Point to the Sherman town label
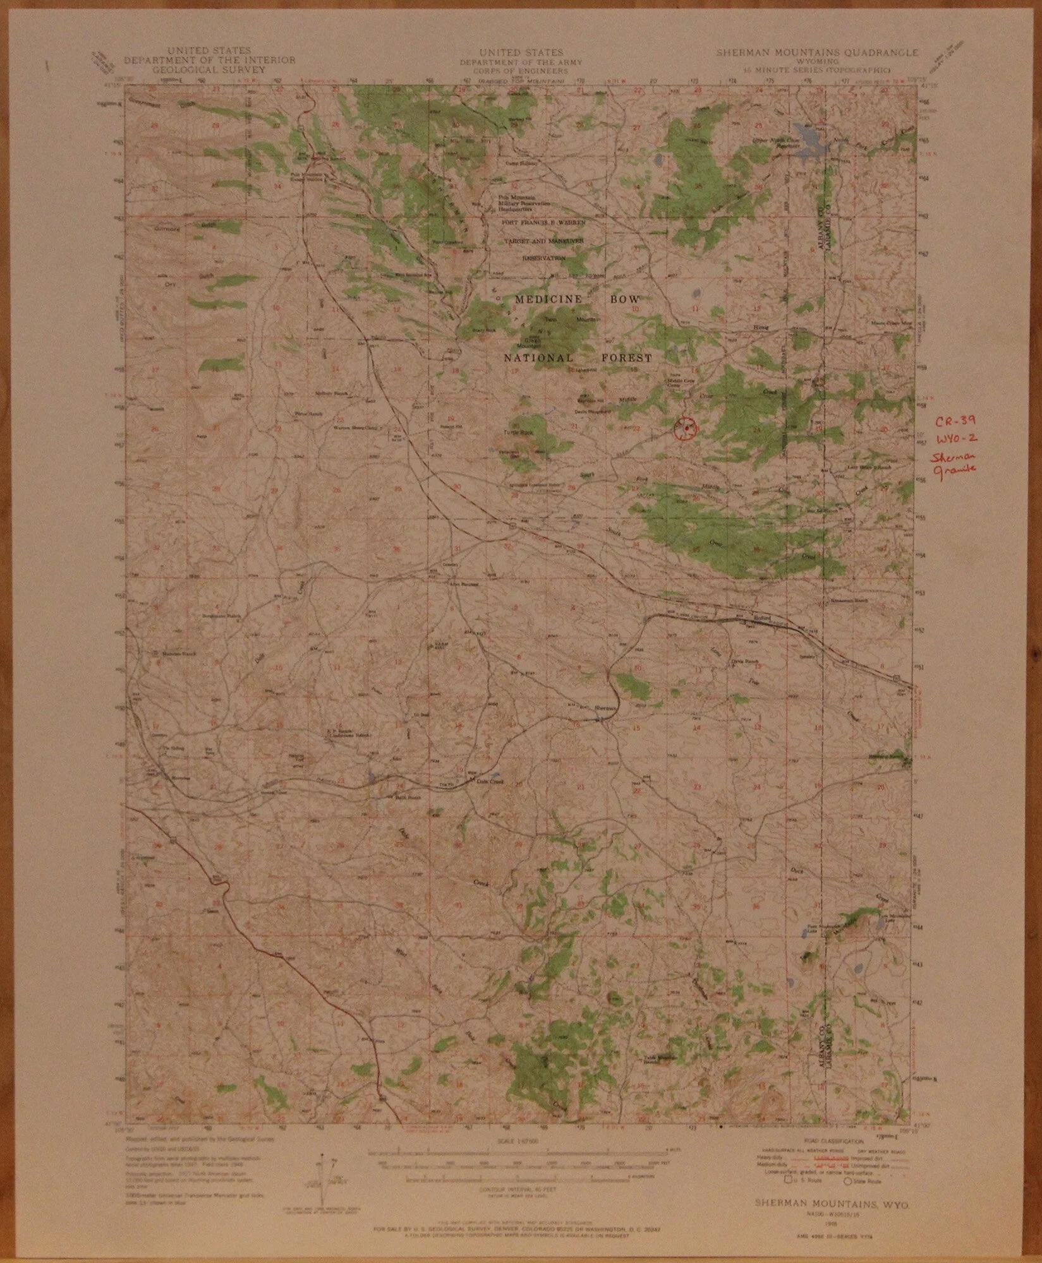coord(605,709)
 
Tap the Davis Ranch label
coord(740,661)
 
